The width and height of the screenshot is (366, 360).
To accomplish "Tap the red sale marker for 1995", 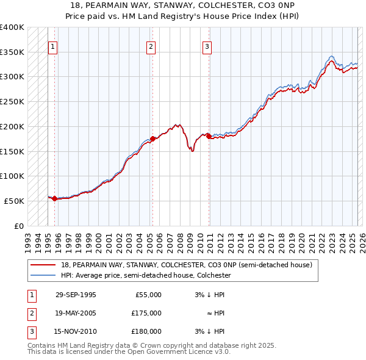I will point(55,198).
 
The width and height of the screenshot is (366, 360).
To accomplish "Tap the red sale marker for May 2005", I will point(152,139).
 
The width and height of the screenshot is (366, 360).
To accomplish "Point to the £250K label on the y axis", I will point(12,101).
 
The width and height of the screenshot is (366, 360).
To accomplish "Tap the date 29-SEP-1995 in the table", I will point(76,295).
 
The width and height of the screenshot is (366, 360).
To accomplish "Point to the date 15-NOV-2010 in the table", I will point(76,332).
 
